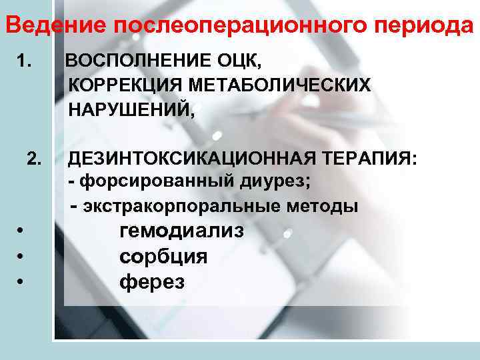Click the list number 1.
pyautogui.click(x=25, y=62)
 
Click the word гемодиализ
pyautogui.click(x=181, y=231)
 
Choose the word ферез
pyautogui.click(x=152, y=282)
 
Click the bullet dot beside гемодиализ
pyautogui.click(x=22, y=233)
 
